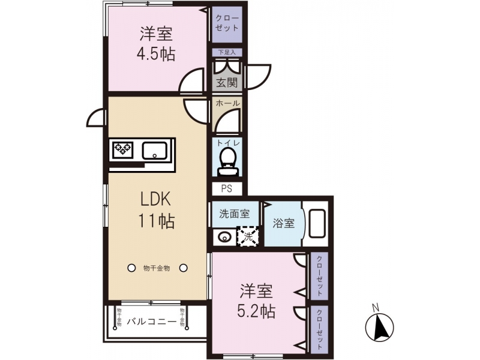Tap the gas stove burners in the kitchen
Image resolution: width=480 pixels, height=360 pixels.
(x=123, y=149)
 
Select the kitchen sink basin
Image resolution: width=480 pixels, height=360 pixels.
(x=155, y=150)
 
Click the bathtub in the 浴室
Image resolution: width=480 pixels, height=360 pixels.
(x=317, y=223)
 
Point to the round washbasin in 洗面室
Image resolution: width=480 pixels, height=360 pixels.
(x=224, y=237)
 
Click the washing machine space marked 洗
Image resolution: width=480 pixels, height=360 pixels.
(x=248, y=236)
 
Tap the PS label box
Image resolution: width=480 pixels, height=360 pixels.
(x=227, y=189)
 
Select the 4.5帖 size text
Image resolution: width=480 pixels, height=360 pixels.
(x=156, y=55)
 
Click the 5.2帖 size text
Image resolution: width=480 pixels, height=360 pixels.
(x=257, y=311)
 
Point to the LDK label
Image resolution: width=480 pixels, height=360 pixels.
(x=155, y=199)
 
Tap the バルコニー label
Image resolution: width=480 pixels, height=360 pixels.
(x=152, y=322)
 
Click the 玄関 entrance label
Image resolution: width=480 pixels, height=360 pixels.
(x=227, y=82)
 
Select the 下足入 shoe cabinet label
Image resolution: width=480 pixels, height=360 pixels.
(x=227, y=52)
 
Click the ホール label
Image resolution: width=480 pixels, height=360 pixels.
(x=227, y=103)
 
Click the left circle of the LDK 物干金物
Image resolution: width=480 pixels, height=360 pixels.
(x=131, y=268)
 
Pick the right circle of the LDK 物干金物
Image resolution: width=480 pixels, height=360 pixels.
(x=184, y=268)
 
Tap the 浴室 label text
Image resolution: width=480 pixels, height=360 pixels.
(x=283, y=223)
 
